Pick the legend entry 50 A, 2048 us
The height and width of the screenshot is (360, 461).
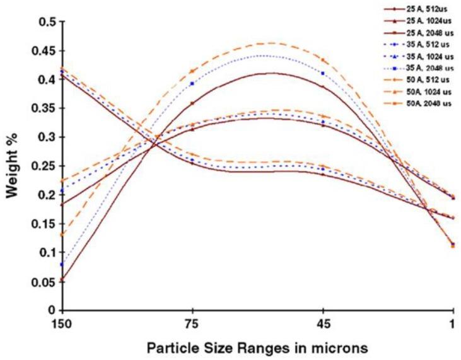pos(430,104)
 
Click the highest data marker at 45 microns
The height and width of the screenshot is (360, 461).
pos(323,61)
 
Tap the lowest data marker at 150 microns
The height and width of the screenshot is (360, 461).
pos(61,279)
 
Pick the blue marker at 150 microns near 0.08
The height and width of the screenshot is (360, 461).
pos(61,264)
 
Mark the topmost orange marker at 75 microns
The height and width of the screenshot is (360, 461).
pos(192,71)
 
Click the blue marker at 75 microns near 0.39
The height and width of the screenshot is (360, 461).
pos(192,83)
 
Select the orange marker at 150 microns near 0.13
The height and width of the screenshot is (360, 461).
pos(61,235)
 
